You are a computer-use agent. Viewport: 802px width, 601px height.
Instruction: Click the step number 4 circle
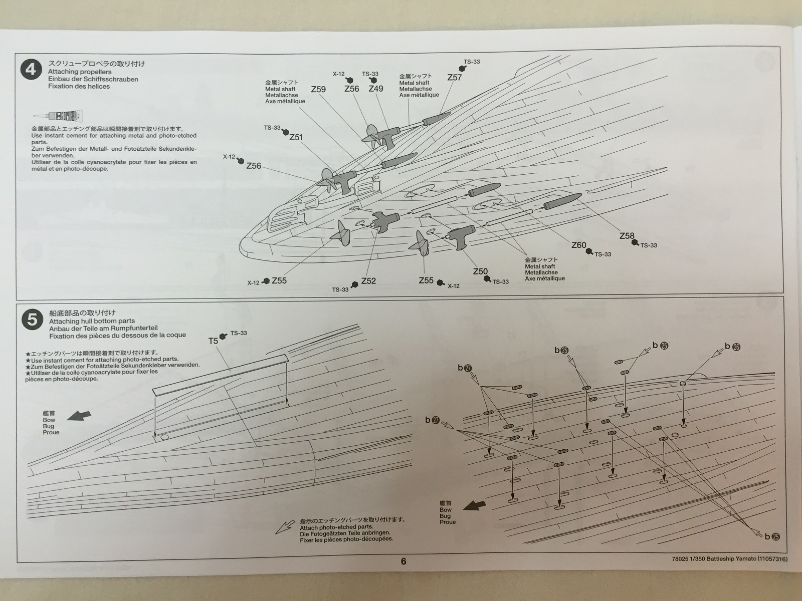(x=31, y=69)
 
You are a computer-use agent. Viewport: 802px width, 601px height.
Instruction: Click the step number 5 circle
(x=32, y=319)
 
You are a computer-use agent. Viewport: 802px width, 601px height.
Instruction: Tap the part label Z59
(x=318, y=89)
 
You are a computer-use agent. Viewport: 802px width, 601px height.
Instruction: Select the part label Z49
(x=375, y=89)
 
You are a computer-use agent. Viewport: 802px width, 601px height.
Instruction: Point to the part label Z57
(x=454, y=77)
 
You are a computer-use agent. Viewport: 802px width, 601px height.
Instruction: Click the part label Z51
(x=296, y=137)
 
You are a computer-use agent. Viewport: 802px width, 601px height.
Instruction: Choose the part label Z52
(x=368, y=281)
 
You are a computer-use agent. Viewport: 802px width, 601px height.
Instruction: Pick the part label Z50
(x=480, y=271)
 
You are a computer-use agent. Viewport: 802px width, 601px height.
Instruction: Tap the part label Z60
(x=578, y=245)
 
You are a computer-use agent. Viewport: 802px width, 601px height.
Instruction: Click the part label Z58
(x=627, y=236)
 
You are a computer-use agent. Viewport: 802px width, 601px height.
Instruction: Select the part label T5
(x=213, y=341)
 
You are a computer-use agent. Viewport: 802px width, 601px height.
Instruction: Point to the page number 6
(x=404, y=561)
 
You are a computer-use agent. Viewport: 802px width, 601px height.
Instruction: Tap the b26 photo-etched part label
(x=732, y=346)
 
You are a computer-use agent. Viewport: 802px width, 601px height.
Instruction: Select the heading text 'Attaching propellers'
(x=80, y=72)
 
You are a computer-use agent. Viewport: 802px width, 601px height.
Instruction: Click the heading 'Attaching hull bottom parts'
(x=92, y=321)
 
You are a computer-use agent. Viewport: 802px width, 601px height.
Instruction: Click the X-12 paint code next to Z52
(x=253, y=283)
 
